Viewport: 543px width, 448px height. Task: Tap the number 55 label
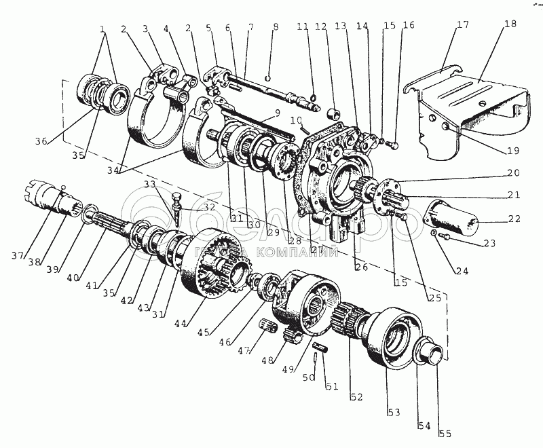tap(445, 432)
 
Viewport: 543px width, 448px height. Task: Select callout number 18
tap(510, 24)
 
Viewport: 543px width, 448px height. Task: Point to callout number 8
tap(276, 27)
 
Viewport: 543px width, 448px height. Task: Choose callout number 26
tap(362, 267)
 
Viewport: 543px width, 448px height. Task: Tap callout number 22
tap(514, 219)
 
